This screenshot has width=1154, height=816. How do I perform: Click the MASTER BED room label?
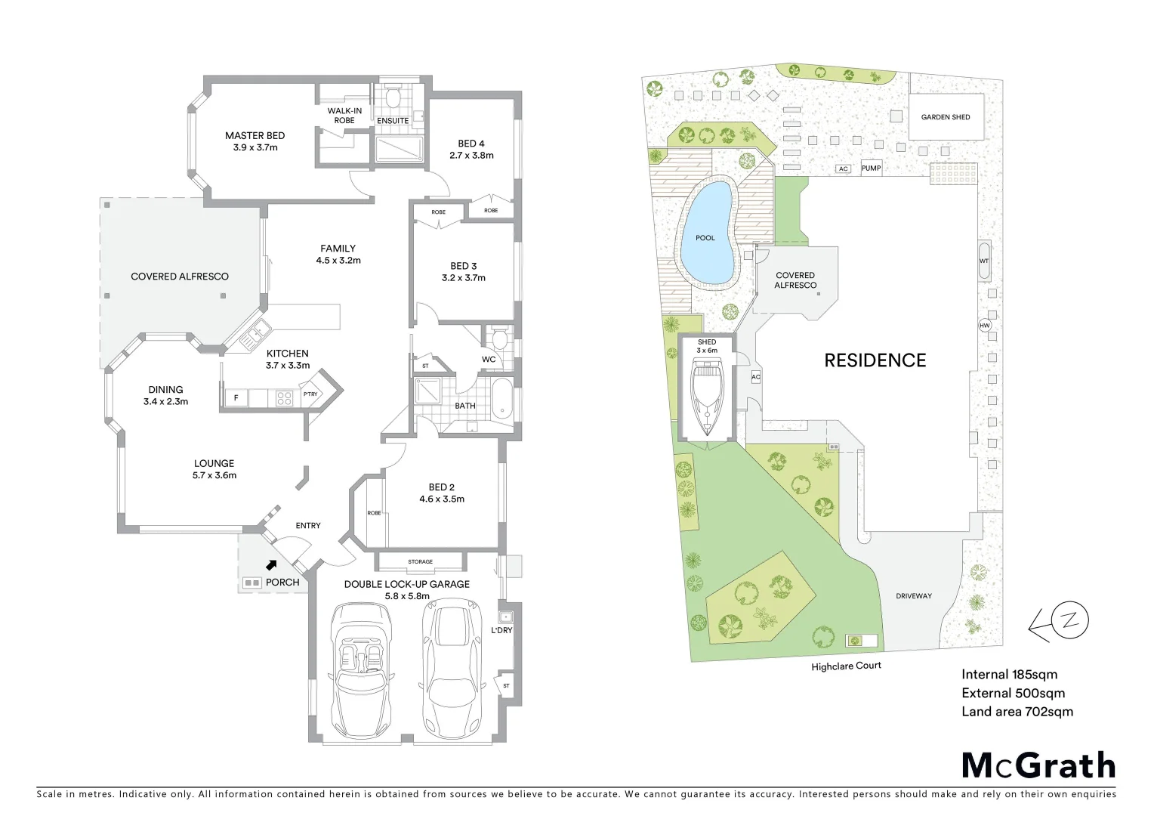pyautogui.click(x=255, y=136)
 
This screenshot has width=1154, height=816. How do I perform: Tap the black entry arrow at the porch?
pyautogui.click(x=271, y=564)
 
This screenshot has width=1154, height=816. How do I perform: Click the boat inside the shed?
pyautogui.click(x=707, y=397)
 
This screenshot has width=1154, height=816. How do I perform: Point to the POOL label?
pyautogui.click(x=705, y=238)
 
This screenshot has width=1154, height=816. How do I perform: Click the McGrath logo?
pyautogui.click(x=1038, y=765)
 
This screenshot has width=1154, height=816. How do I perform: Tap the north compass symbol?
pyautogui.click(x=1067, y=621)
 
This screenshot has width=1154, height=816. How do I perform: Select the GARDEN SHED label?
pyautogui.click(x=945, y=117)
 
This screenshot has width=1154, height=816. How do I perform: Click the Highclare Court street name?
pyautogui.click(x=846, y=666)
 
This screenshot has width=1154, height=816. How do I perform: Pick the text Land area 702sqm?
pyautogui.click(x=1017, y=711)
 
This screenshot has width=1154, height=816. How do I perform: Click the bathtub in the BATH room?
pyautogui.click(x=501, y=398)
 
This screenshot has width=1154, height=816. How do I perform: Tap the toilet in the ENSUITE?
pyautogui.click(x=393, y=97)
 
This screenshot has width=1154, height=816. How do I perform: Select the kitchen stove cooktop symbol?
pyautogui.click(x=284, y=397)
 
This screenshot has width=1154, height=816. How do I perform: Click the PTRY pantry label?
pyautogui.click(x=310, y=394)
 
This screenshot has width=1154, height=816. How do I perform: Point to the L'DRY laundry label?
pyautogui.click(x=501, y=630)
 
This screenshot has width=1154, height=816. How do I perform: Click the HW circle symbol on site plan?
pyautogui.click(x=984, y=326)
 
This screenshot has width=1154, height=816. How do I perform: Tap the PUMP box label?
pyautogui.click(x=871, y=168)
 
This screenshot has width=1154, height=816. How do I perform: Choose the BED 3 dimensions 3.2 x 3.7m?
pyautogui.click(x=463, y=277)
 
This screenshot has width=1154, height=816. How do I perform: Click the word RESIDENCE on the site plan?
pyautogui.click(x=875, y=360)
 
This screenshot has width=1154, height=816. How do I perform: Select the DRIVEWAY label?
pyautogui.click(x=913, y=596)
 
